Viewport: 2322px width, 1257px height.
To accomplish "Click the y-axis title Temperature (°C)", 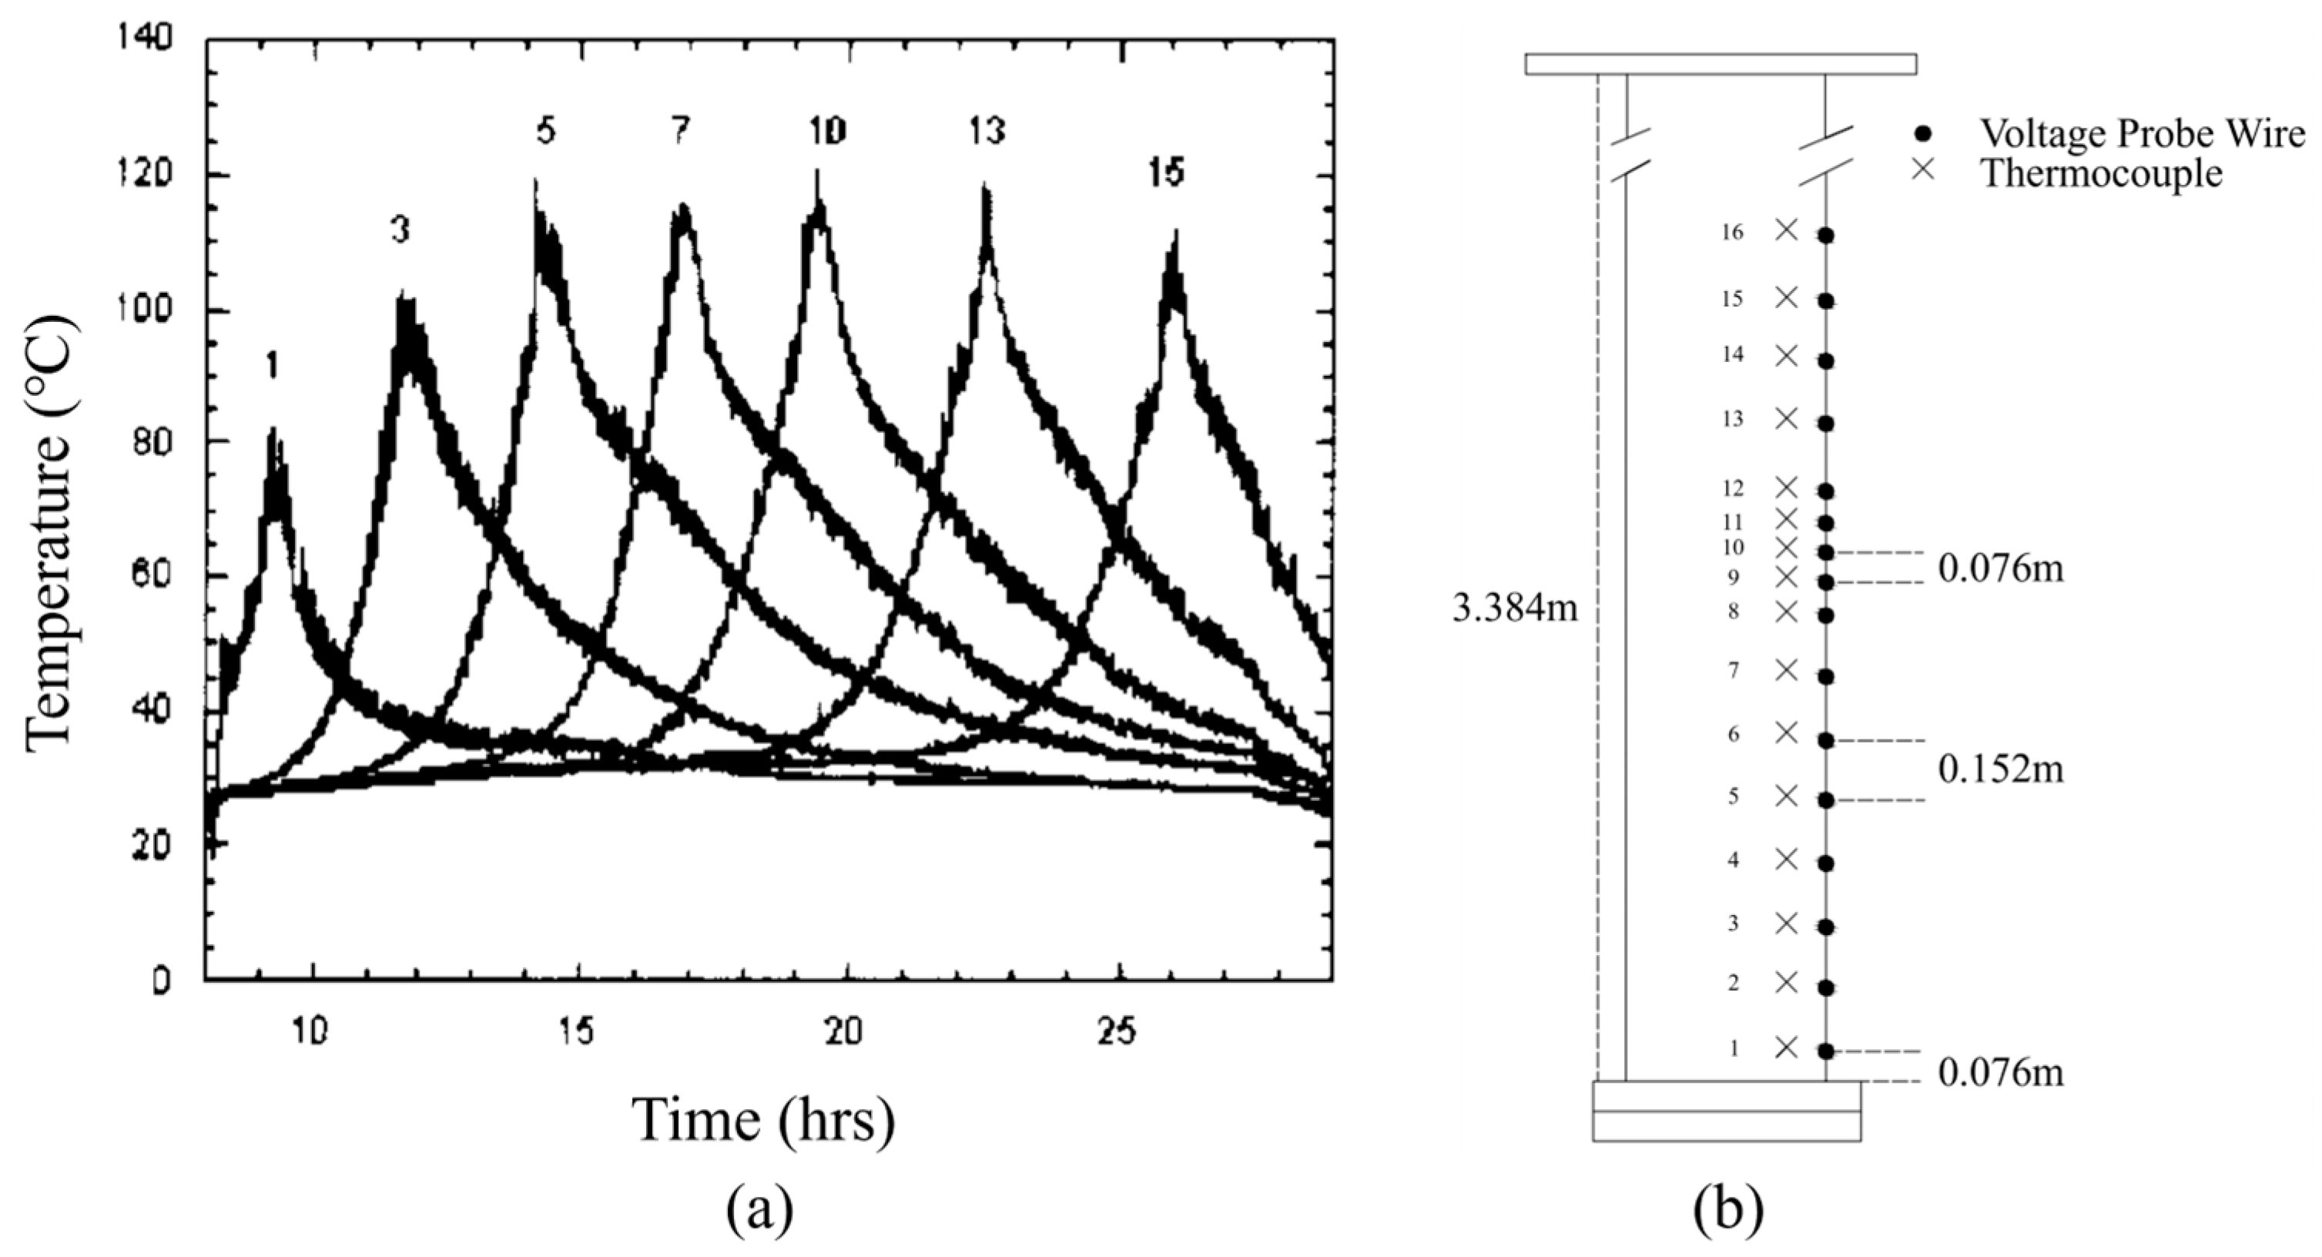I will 49,531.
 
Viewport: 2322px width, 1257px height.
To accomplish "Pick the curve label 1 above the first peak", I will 271,367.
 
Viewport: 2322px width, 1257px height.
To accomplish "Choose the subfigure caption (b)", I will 1728,1211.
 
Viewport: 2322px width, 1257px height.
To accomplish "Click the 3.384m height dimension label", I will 1515,608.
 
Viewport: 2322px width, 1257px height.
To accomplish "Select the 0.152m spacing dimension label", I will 2000,769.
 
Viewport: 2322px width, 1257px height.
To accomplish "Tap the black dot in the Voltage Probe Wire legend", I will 1923,133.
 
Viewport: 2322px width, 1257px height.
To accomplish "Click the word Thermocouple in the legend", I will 2100,173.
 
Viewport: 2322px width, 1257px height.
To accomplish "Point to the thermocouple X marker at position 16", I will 1786,230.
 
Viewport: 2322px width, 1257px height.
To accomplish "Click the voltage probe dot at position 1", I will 1825,1051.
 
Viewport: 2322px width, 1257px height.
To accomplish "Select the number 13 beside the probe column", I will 1733,419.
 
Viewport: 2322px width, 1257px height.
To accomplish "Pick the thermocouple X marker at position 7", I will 1786,670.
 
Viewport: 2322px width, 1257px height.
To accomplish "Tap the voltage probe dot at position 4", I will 1825,863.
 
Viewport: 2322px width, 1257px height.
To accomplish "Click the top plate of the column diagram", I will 1720,64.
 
